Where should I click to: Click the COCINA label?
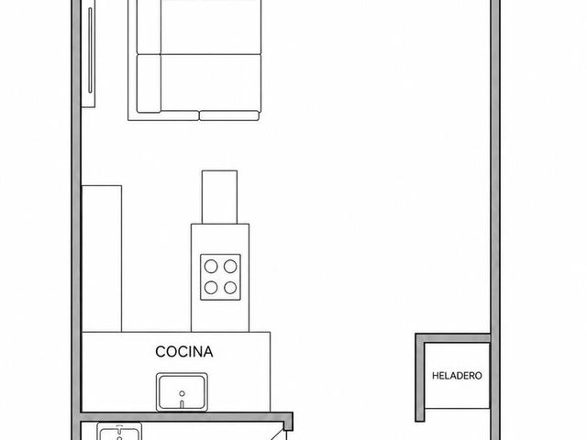tap(184, 352)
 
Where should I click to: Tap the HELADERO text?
tap(457, 376)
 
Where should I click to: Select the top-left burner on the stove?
tap(211, 267)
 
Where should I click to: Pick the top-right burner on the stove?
tap(230, 267)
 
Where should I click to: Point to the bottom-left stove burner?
tap(211, 287)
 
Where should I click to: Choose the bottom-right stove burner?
tap(230, 287)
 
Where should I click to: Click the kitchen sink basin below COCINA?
tap(182, 391)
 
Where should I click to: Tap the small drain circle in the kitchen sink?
tap(182, 393)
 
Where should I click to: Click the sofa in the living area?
tap(194, 60)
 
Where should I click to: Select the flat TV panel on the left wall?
tap(89, 53)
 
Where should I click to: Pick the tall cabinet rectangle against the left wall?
tap(102, 258)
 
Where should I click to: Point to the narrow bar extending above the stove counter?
tap(219, 197)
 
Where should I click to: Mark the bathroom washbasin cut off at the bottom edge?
tap(119, 432)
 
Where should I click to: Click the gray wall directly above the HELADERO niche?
tap(453, 338)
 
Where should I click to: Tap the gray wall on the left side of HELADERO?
tap(420, 378)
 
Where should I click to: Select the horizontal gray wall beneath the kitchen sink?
tap(186, 417)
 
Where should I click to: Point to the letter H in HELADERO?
tap(436, 376)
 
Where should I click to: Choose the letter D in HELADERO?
tap(461, 376)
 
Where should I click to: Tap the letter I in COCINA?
tap(189, 352)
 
